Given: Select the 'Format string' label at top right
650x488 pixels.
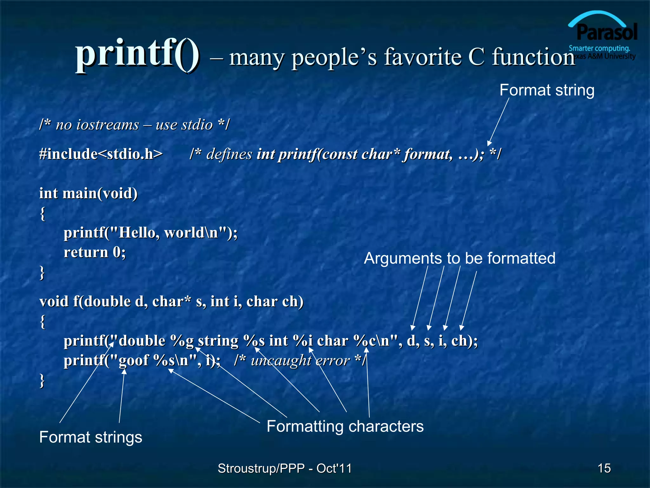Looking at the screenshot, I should click(x=547, y=90).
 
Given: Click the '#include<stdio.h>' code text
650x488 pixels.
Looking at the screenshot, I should click(x=101, y=154).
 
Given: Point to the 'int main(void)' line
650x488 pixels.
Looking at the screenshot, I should click(x=88, y=193).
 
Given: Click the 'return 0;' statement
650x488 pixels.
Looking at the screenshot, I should click(x=95, y=253).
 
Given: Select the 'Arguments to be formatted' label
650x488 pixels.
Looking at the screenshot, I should click(x=459, y=258).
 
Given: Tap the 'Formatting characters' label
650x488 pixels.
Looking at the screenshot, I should click(x=345, y=426).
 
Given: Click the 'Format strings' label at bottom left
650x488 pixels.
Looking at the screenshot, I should click(x=90, y=437).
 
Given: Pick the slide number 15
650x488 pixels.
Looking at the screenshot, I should click(x=604, y=468).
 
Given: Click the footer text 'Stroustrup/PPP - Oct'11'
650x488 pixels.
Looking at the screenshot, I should click(x=285, y=468).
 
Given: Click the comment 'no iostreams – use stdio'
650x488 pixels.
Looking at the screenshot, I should click(x=134, y=125).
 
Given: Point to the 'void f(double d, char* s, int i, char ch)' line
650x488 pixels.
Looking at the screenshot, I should click(x=171, y=302).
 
